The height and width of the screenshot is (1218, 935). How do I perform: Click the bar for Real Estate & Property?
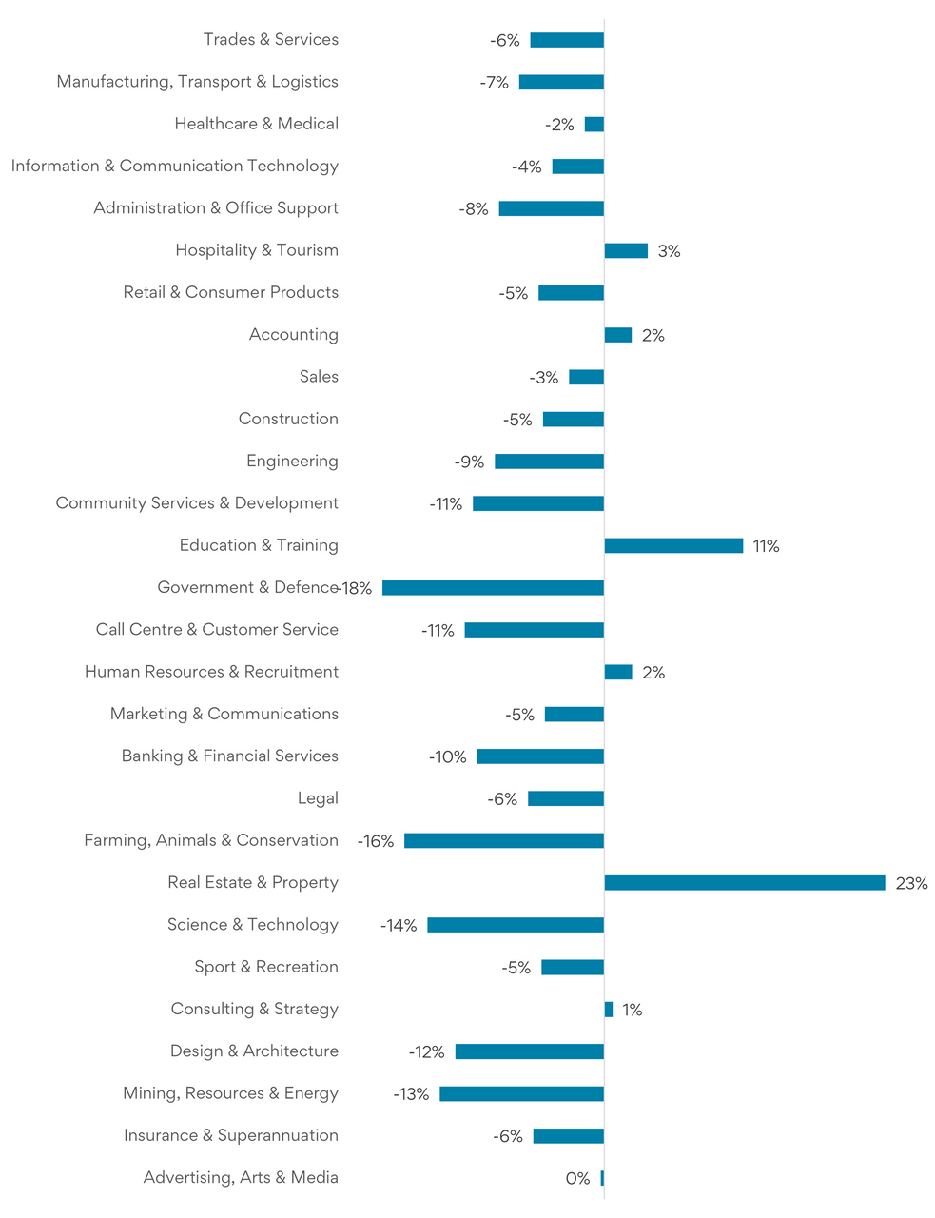[x=745, y=883]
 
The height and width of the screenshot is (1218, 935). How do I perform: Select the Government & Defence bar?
[x=493, y=588]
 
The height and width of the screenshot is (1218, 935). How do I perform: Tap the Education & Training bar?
[x=673, y=545]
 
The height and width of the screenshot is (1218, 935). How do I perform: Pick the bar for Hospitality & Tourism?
[x=626, y=251]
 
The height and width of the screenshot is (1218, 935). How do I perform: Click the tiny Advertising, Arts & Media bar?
[x=602, y=1178]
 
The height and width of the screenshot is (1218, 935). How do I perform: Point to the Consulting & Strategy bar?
[x=609, y=1010]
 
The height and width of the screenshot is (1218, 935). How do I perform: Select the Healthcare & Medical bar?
[x=594, y=125]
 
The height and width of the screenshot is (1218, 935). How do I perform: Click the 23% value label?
[x=911, y=884]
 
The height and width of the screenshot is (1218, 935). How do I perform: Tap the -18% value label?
[x=356, y=589]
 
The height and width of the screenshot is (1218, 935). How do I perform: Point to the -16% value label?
[x=376, y=841]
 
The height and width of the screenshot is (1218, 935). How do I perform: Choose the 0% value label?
[x=577, y=1179]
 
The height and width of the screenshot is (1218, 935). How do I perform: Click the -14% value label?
[x=399, y=926]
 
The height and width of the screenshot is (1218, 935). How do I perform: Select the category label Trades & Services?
[x=271, y=39]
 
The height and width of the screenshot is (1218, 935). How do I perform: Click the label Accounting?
[x=294, y=335]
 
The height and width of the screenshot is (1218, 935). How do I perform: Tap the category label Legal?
[x=318, y=798]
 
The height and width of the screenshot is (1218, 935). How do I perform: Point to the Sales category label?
[x=319, y=377]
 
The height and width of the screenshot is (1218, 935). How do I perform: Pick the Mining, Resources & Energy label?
[x=230, y=1093]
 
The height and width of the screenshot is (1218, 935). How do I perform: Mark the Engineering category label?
[x=292, y=462]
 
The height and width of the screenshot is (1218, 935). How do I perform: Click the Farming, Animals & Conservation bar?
[x=504, y=841]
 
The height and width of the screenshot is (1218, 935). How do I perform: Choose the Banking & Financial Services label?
[x=230, y=756]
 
